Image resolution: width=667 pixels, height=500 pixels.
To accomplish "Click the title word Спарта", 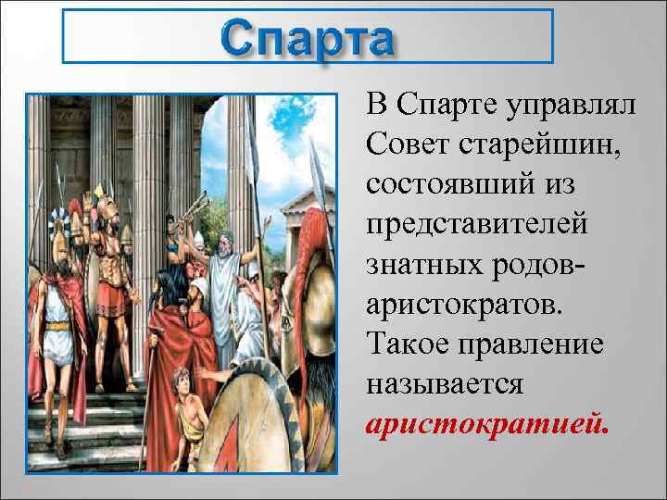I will point(308,39).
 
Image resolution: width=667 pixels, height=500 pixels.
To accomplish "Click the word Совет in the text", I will point(404,142).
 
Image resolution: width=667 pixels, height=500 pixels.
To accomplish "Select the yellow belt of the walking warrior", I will point(57,325).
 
